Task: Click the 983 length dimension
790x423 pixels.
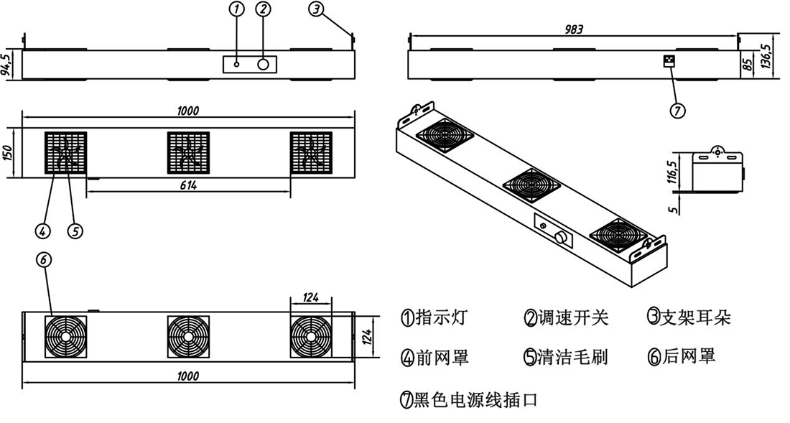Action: click(x=573, y=29)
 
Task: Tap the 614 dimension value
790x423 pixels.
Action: click(x=189, y=185)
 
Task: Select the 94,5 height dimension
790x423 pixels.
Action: click(x=6, y=64)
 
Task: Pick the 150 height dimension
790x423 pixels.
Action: click(x=6, y=153)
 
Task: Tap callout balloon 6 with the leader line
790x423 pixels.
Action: click(x=45, y=261)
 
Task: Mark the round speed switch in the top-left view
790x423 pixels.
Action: click(x=263, y=64)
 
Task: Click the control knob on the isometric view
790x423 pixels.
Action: click(x=560, y=237)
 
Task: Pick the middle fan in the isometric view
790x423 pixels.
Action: click(x=531, y=185)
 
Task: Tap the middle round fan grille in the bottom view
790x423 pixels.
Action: click(x=188, y=337)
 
